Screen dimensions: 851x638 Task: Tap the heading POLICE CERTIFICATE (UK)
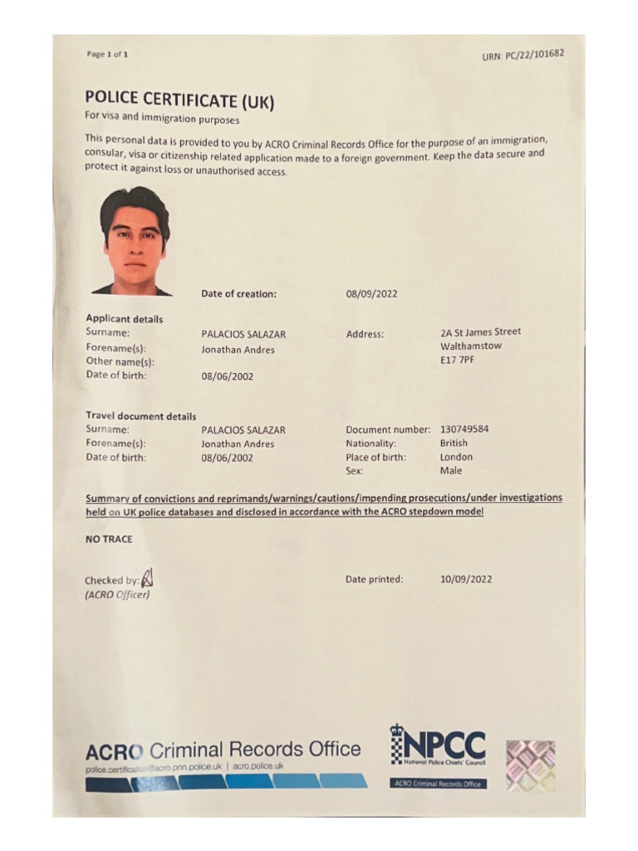click(x=179, y=100)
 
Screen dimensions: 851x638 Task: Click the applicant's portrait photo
click(x=134, y=241)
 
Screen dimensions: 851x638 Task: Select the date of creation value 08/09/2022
click(x=371, y=293)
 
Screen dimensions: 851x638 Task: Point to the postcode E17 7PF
click(x=457, y=360)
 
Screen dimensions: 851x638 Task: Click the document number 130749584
click(x=464, y=430)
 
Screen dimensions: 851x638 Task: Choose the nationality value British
click(x=454, y=443)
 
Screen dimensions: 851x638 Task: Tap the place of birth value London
click(x=456, y=457)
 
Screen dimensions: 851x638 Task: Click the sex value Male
click(x=451, y=470)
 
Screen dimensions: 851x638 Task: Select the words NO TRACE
click(x=109, y=539)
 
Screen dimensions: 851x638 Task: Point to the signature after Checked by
click(x=148, y=576)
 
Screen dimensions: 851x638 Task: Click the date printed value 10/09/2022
click(x=465, y=579)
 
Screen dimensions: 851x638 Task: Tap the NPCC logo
click(x=438, y=745)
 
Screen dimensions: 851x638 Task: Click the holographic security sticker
click(x=530, y=765)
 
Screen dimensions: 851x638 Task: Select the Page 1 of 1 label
click(x=107, y=55)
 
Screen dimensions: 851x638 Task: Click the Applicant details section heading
click(x=125, y=318)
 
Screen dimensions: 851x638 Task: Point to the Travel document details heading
click(x=141, y=416)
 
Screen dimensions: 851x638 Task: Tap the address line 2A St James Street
click(x=481, y=332)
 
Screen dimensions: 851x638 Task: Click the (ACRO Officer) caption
click(x=117, y=594)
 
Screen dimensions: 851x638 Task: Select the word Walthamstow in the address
click(x=471, y=347)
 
